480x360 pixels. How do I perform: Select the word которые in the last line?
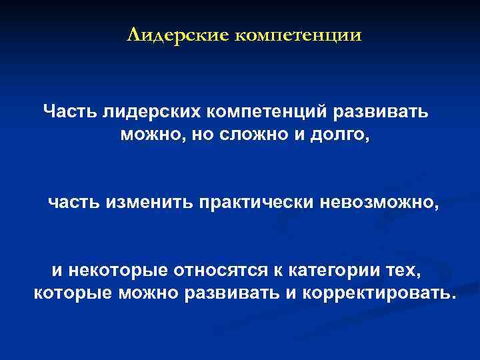71,293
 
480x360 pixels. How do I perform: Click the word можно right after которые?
147,293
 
